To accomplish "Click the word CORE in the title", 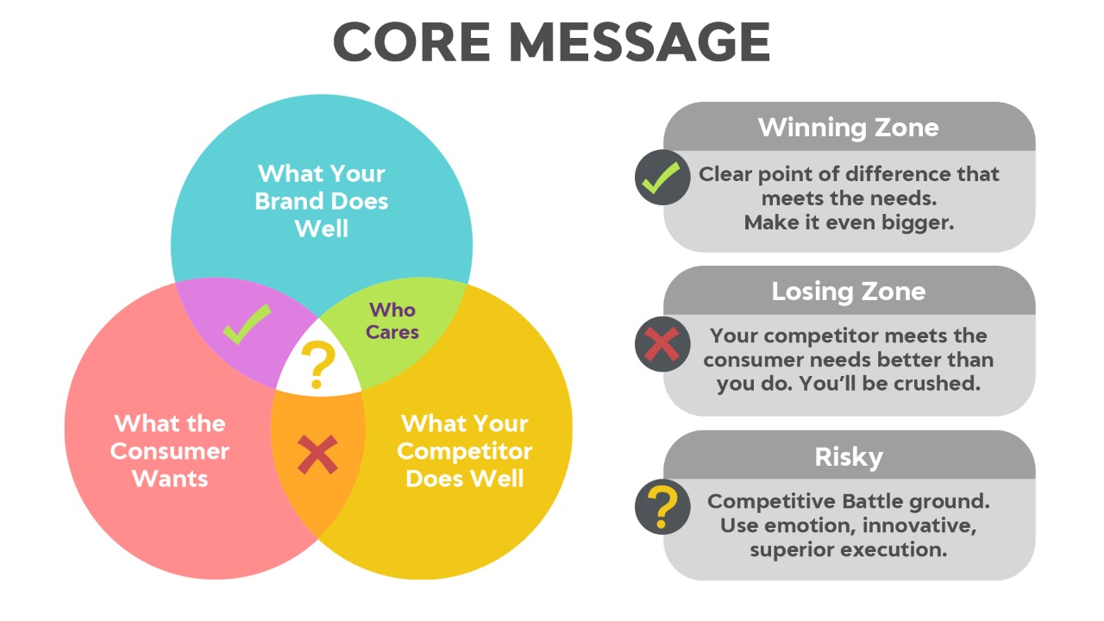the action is [x=412, y=42].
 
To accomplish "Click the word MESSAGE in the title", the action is [x=639, y=42].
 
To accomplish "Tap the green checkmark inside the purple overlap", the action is [x=247, y=323].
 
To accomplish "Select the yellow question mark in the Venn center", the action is [x=318, y=365].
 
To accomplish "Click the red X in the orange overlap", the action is [x=318, y=455].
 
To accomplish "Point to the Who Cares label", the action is [x=392, y=321].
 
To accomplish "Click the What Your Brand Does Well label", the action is [x=322, y=201].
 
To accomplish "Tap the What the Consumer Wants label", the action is [x=170, y=451].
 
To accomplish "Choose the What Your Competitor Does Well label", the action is [x=465, y=451].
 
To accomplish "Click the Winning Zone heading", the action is [x=848, y=127].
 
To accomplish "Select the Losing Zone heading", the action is [x=848, y=292].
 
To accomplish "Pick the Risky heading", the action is [x=848, y=457].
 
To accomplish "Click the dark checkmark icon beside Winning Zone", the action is [x=662, y=178].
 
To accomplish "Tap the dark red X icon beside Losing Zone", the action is [x=662, y=343].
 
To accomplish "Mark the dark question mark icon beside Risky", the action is [x=662, y=506].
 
